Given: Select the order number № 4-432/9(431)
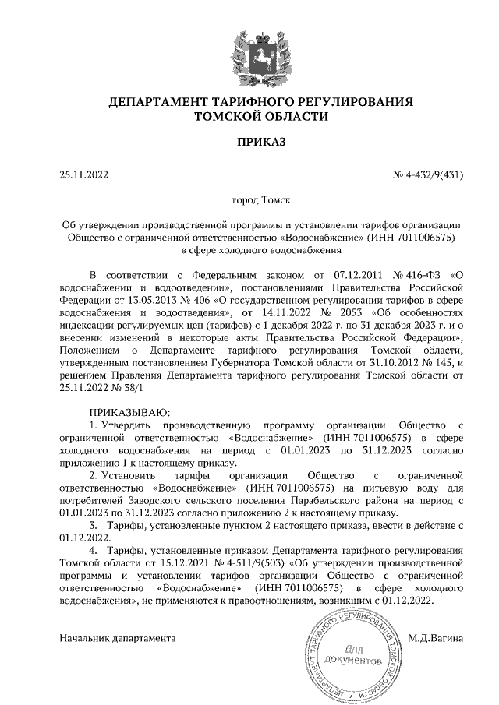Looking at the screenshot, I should pyautogui.click(x=427, y=174).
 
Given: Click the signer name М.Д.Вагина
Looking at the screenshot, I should pyautogui.click(x=436, y=637).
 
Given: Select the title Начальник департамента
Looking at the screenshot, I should pyautogui.click(x=117, y=637).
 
